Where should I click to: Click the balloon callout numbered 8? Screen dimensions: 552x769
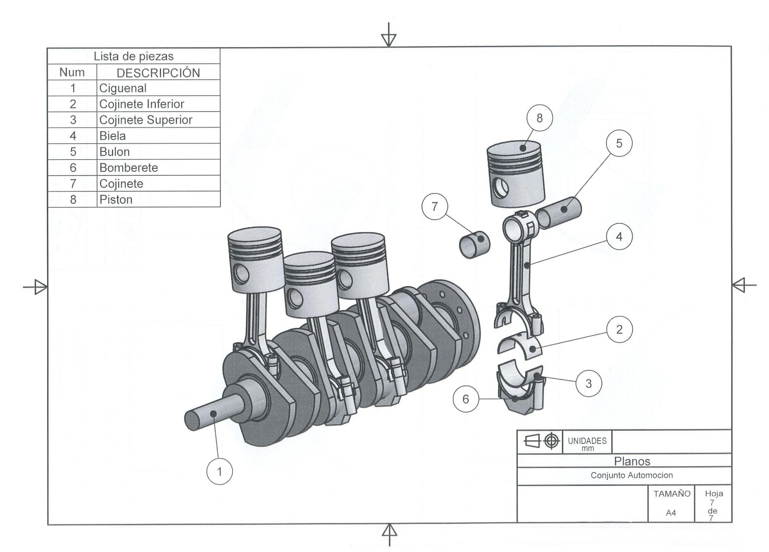(x=539, y=118)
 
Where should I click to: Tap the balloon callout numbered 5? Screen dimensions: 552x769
(x=619, y=143)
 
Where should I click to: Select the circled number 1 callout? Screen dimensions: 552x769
(x=220, y=472)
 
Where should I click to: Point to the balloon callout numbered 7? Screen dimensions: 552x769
(x=434, y=207)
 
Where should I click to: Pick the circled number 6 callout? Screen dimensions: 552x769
(x=465, y=399)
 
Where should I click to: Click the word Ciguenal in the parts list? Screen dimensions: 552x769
(x=123, y=88)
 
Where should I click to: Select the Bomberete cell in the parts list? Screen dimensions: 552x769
(x=128, y=168)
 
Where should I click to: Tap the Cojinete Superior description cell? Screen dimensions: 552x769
(x=146, y=120)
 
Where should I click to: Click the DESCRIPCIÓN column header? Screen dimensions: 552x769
(x=158, y=73)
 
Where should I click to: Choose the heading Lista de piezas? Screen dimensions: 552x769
(x=134, y=56)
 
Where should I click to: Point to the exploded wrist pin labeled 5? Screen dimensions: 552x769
(x=559, y=211)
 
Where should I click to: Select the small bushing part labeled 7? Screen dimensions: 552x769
(x=474, y=244)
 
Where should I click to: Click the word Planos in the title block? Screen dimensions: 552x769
(x=632, y=461)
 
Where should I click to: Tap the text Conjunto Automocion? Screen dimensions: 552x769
(x=632, y=475)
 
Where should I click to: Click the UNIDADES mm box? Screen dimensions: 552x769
(x=587, y=443)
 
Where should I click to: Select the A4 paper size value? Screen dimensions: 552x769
(x=671, y=513)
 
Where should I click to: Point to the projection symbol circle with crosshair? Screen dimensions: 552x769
(x=551, y=441)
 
